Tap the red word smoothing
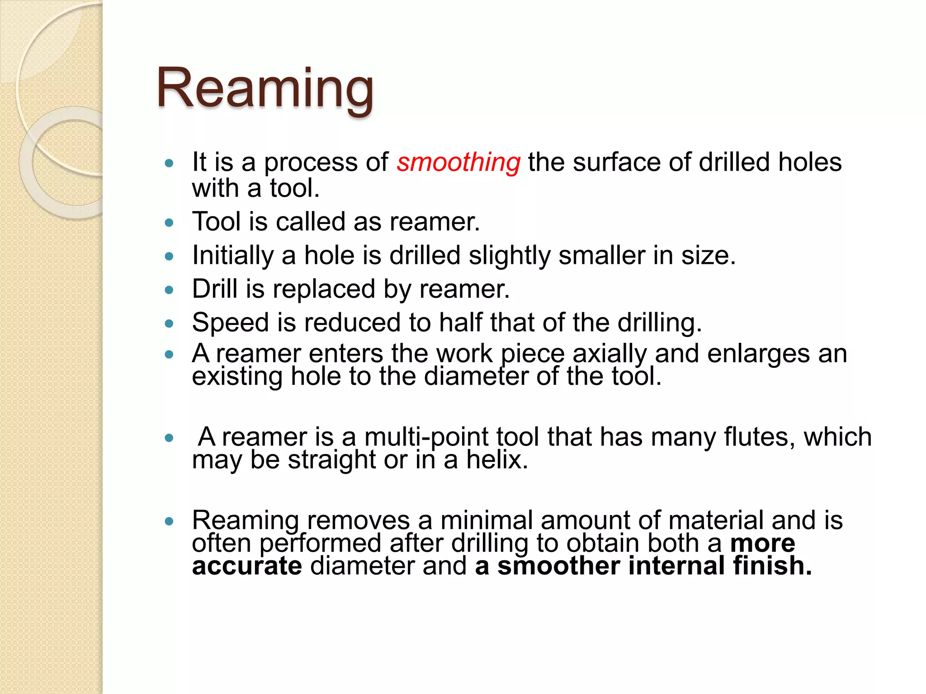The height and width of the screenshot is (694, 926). point(458,162)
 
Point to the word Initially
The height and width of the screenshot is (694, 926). point(233,256)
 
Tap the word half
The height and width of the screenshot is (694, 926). point(461,323)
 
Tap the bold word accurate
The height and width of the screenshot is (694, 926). point(247,566)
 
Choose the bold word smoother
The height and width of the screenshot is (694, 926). point(558,566)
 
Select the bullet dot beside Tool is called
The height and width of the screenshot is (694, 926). point(170,223)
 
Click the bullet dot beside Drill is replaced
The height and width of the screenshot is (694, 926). point(170,290)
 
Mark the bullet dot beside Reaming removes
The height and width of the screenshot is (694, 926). point(170,521)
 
